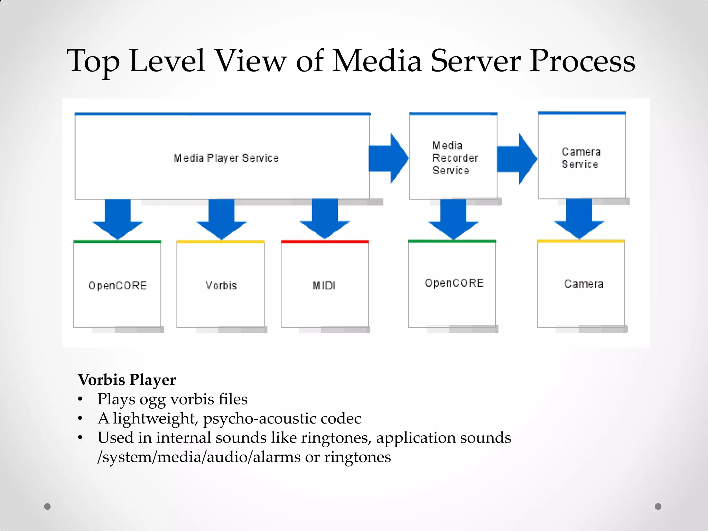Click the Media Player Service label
(x=226, y=158)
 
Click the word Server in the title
(x=475, y=61)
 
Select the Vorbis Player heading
(x=127, y=380)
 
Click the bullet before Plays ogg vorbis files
(x=80, y=400)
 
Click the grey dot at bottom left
(x=47, y=506)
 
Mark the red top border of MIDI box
(x=325, y=242)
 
